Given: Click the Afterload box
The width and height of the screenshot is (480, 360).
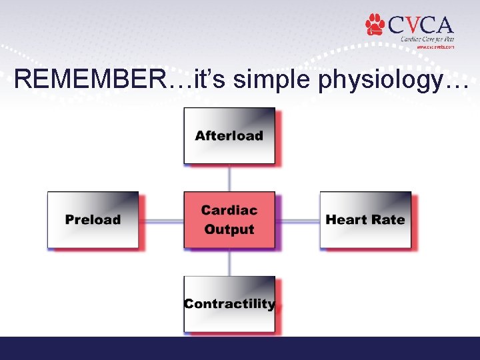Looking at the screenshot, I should click(229, 136).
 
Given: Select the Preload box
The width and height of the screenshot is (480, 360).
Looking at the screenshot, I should click(93, 220).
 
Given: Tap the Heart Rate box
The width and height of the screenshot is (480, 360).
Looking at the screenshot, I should click(365, 220).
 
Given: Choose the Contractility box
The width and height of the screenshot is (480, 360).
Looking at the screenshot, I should click(229, 304).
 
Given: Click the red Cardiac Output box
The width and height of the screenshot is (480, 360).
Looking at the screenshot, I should click(229, 220).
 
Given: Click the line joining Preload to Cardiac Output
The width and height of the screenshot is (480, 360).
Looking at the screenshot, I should click(161, 220).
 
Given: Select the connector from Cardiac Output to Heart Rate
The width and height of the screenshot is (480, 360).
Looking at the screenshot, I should click(297, 220).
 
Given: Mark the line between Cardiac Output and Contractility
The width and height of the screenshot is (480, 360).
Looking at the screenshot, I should click(229, 262).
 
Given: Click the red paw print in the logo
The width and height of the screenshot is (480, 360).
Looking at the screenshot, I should click(375, 25).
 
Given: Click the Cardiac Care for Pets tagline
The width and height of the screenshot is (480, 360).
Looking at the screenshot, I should click(427, 39).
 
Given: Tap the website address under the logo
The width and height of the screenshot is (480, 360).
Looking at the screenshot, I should click(435, 47).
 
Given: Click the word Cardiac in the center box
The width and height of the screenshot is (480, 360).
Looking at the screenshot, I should click(229, 211).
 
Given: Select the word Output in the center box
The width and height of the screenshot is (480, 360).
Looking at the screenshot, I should click(229, 229).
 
